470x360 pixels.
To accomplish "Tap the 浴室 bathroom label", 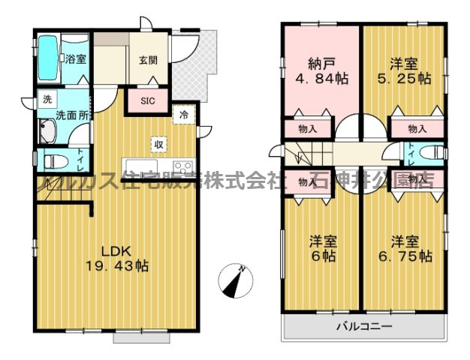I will pos(74,59).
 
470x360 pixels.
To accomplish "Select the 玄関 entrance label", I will pos(147,61).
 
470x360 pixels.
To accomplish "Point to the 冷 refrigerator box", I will pos(183,115).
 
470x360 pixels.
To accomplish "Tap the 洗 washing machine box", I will pos(47,99).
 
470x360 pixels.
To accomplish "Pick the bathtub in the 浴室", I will pos(48,58).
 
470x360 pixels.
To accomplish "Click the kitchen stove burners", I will pos(182,166).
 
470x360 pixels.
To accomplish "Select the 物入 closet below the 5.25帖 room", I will pos(417,129).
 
